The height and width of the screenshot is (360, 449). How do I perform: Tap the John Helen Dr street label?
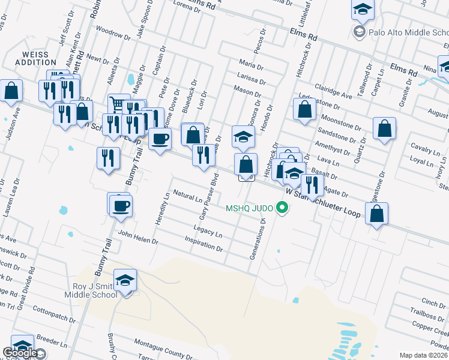point(137,238)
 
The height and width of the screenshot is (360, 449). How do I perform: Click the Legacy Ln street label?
point(208,229)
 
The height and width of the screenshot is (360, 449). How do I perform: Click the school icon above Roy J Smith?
point(125,280)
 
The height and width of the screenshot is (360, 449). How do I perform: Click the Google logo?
point(20,353)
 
